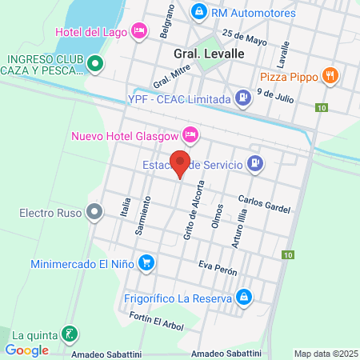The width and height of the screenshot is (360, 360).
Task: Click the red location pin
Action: coord(181,162)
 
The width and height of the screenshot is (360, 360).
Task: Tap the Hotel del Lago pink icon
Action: coord(140,31)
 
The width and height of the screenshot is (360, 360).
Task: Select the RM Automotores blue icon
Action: coord(199,12)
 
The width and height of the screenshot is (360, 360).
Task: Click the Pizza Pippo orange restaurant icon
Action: coord(330,76)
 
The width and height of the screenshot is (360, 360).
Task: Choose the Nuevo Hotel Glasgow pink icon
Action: coord(190,134)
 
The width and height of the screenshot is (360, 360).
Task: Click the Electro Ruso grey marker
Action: coord(94,213)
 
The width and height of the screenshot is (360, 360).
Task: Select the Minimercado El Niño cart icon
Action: coord(146,262)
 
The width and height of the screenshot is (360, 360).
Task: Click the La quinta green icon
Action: coord(70,334)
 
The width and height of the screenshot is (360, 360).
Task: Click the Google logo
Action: coord(26,350)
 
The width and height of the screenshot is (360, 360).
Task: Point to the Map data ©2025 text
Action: coord(325,354)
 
